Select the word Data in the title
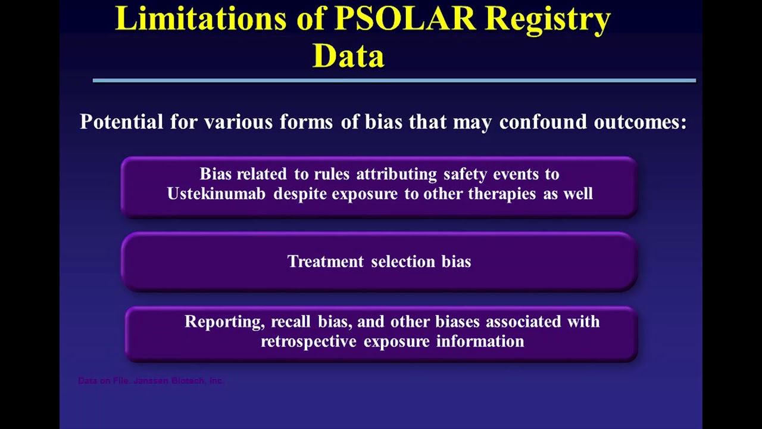pos(348,55)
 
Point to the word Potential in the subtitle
pos(121,122)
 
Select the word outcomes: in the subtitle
pos(640,122)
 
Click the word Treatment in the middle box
pos(325,262)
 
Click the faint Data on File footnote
pos(151,381)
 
